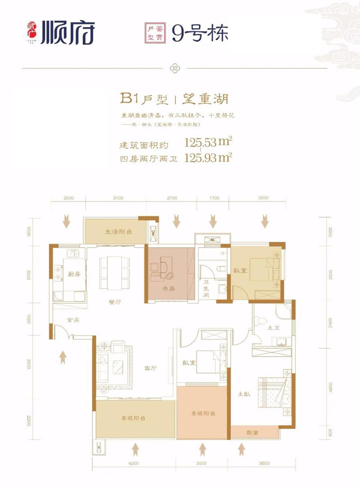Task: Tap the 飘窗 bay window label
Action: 252,432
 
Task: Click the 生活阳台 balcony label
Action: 118,232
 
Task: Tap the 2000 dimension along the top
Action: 68,198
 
